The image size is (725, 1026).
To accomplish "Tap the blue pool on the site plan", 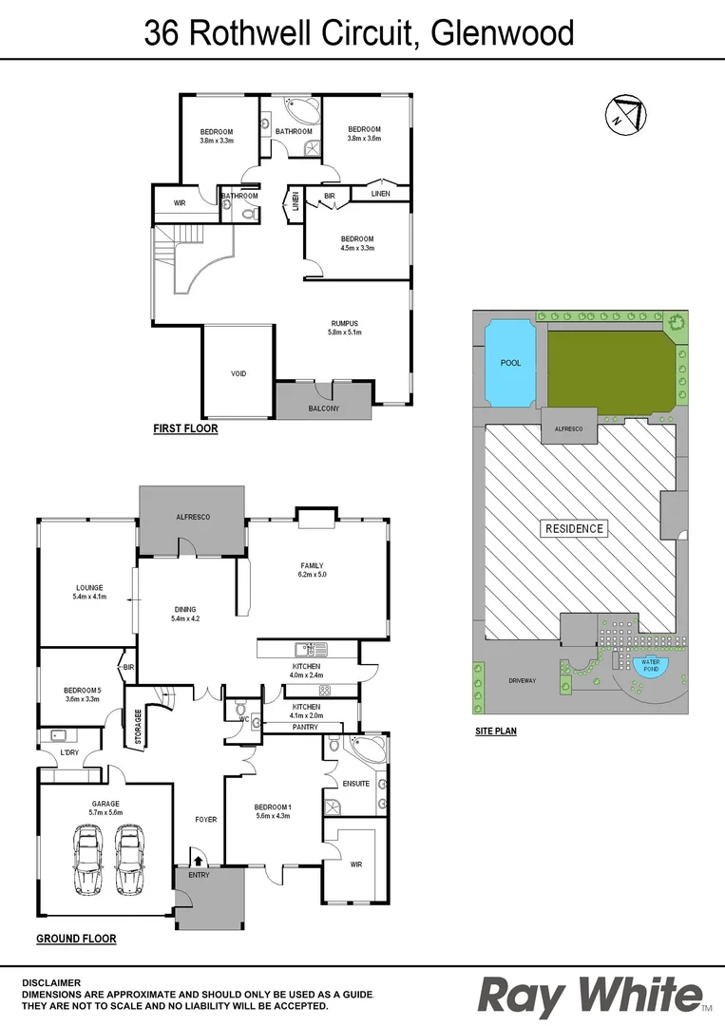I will pyautogui.click(x=510, y=362).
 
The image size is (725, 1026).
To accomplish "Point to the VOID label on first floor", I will pyautogui.click(x=238, y=373).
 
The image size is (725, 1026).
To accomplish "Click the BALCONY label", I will pyautogui.click(x=324, y=408).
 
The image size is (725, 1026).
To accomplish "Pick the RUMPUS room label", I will pyautogui.click(x=345, y=324).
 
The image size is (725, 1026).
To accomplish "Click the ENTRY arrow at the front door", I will pyautogui.click(x=198, y=862).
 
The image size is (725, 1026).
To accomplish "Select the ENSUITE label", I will pyautogui.click(x=357, y=784).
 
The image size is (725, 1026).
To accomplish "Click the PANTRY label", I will pyautogui.click(x=305, y=727).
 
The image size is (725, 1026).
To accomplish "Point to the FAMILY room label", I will pyautogui.click(x=313, y=566).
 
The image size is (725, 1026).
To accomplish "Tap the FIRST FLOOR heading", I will pyautogui.click(x=185, y=428).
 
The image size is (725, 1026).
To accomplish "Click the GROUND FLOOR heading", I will pyautogui.click(x=76, y=939).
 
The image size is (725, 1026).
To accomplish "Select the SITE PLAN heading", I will pyautogui.click(x=495, y=731).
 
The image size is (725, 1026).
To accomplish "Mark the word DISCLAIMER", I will pyautogui.click(x=51, y=982).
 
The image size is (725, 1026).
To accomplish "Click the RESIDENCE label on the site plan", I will pyautogui.click(x=573, y=528).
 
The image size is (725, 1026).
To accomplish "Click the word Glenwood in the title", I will pyautogui.click(x=503, y=33).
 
